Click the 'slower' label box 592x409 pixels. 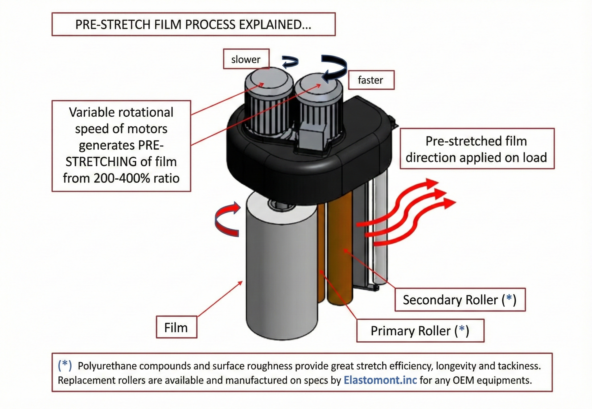pos(246,59)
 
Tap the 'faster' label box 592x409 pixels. pos(371,80)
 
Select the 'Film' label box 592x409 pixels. pos(176,328)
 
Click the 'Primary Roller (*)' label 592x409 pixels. pos(420,331)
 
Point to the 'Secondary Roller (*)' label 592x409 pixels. pos(459,300)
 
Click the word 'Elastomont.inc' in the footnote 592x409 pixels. pos(380,380)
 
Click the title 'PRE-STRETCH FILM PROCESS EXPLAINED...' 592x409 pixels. pos(193,24)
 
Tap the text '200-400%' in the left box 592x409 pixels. pos(122,178)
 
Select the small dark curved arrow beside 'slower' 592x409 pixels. pos(291,62)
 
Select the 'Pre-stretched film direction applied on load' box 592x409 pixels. pos(477,149)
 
